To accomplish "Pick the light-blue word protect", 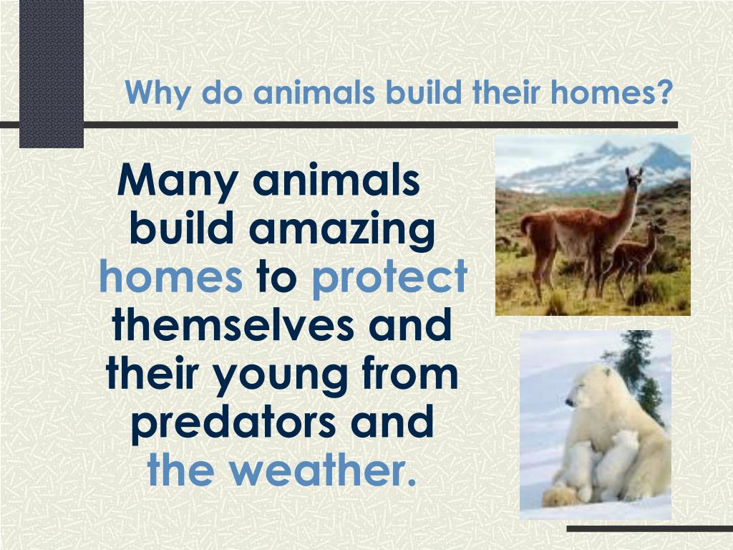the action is (389, 278).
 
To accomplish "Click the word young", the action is (281, 375).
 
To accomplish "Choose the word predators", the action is (233, 423).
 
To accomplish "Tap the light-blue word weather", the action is (323, 469).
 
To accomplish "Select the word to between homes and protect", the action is (277, 277).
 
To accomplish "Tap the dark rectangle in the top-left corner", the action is (52, 74).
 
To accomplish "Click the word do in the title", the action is (222, 92).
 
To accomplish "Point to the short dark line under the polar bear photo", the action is (650, 529).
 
